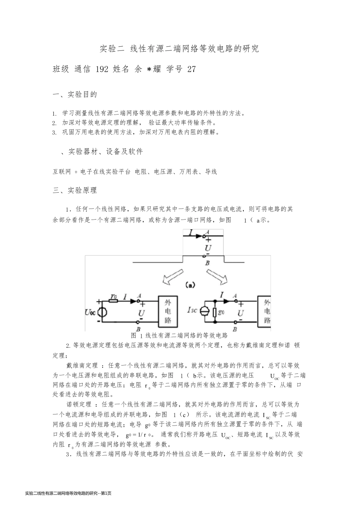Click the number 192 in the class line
pyautogui.click(x=102, y=69)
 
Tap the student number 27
pyautogui.click(x=192, y=69)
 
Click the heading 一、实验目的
pyautogui.click(x=75, y=94)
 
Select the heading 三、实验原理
pyautogui.click(x=75, y=190)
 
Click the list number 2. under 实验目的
pyautogui.click(x=55, y=123)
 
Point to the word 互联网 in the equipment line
pyautogui.click(x=62, y=172)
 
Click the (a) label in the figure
pyautogui.click(x=189, y=284)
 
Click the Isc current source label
pyautogui.click(x=192, y=310)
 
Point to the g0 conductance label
pyautogui.click(x=221, y=312)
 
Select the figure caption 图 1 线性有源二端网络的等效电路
pyautogui.click(x=179, y=336)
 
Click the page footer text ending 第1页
pyautogui.click(x=68, y=493)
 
